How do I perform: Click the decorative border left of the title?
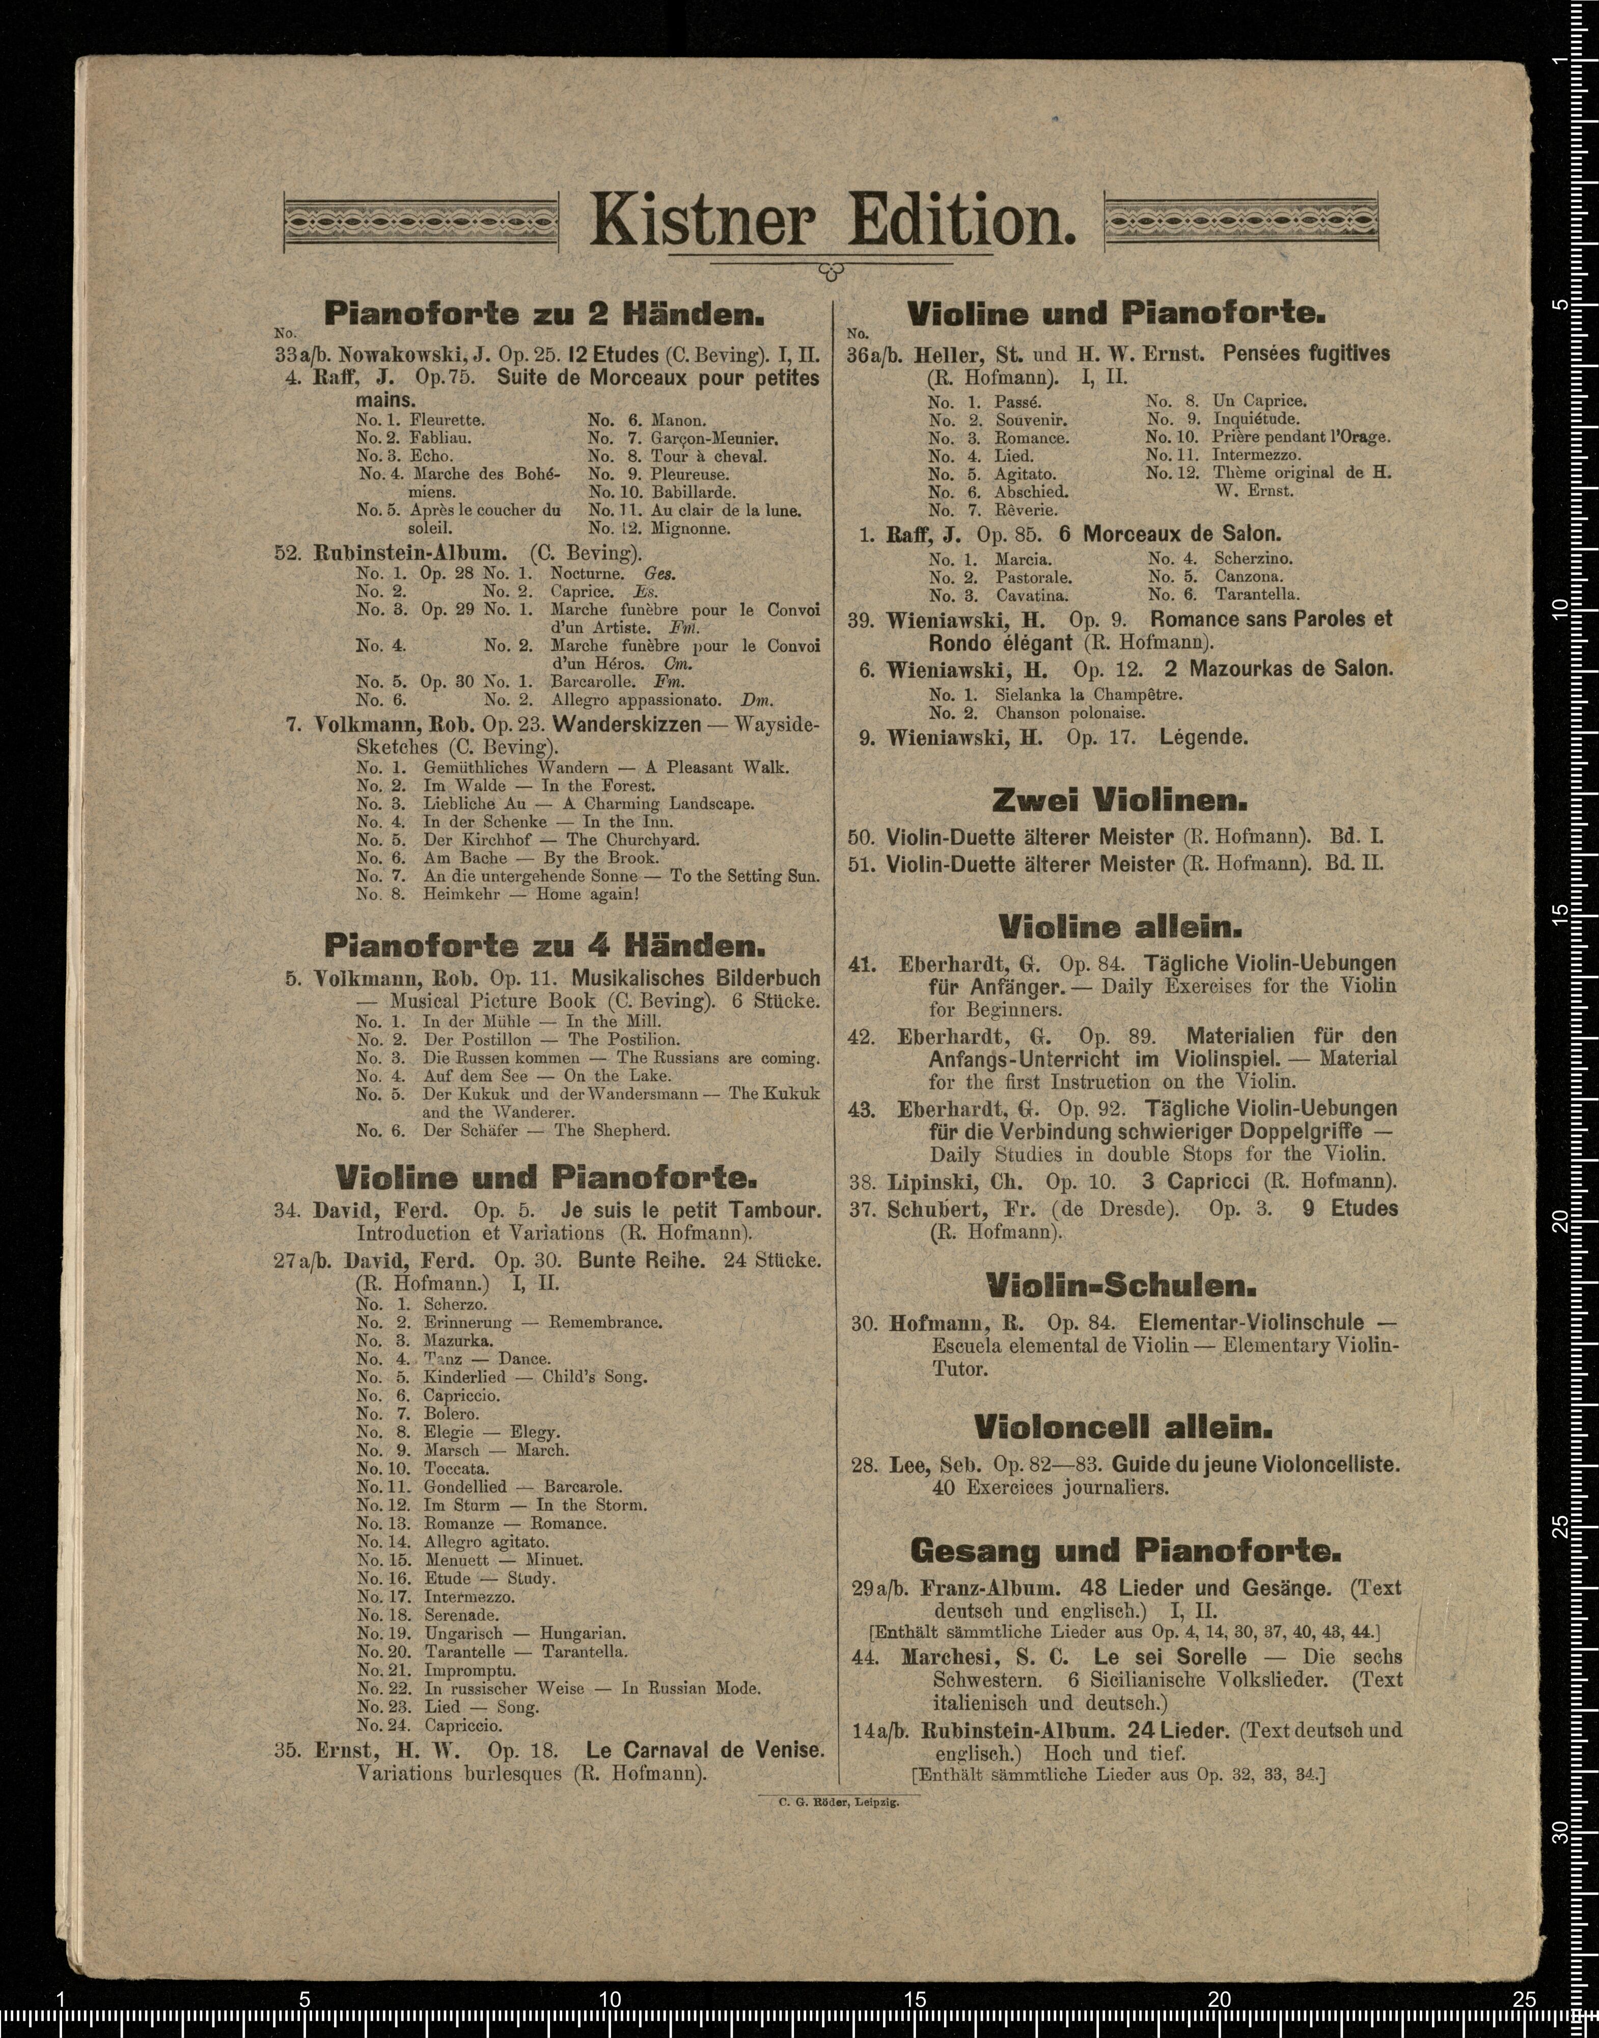[421, 222]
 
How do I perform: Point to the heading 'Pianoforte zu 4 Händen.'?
[545, 944]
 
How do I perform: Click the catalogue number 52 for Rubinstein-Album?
[287, 553]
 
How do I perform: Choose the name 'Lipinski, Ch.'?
[955, 1182]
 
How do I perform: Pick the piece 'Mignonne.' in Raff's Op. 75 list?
[691, 528]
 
